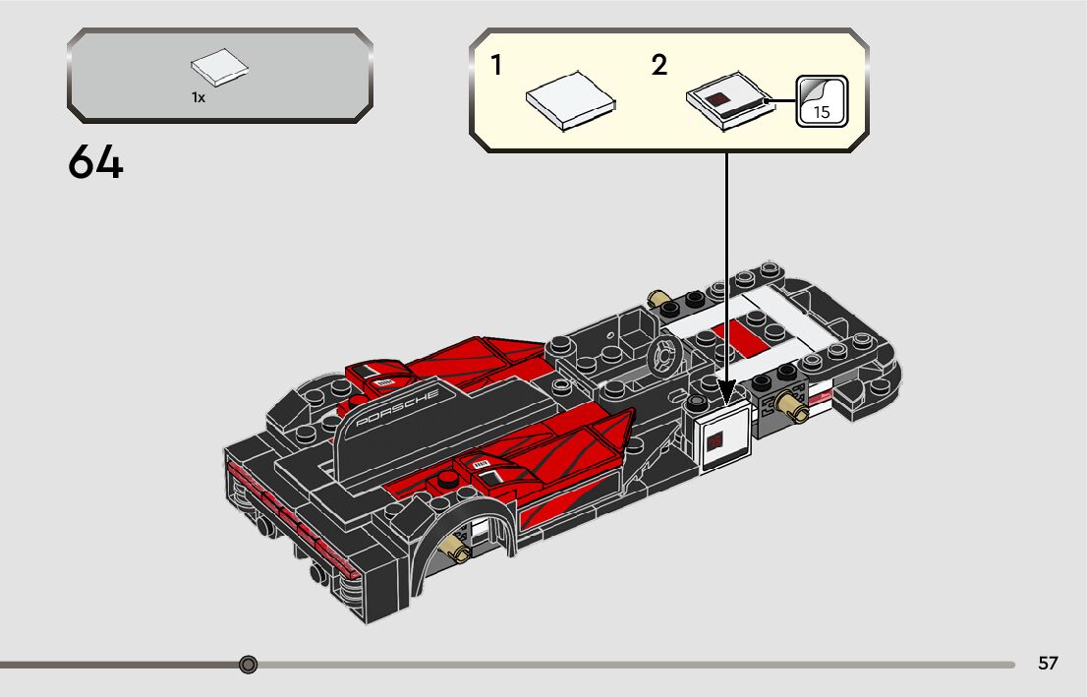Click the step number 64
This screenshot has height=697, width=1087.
(96, 163)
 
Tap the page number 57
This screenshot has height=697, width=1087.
(1048, 664)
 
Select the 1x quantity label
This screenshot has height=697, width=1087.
(199, 98)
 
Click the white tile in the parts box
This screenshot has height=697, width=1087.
(219, 70)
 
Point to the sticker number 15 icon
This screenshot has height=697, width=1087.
(820, 100)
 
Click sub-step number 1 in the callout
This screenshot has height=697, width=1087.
(496, 66)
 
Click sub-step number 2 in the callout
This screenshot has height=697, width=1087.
(658, 66)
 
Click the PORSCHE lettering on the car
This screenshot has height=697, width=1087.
(397, 406)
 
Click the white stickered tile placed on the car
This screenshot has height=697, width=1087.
(722, 439)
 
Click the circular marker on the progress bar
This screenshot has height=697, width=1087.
(249, 665)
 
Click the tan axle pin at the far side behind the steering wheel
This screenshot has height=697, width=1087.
(657, 297)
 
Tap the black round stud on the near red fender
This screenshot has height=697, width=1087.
(448, 480)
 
